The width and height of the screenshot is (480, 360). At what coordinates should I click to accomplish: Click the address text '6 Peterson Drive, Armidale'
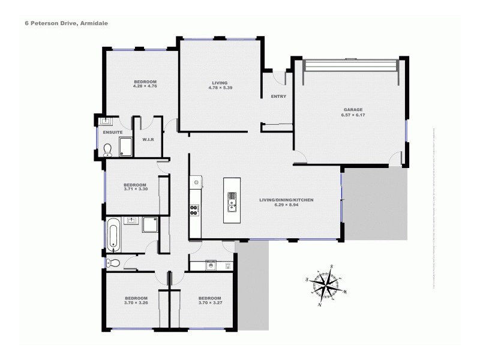coord(58,23)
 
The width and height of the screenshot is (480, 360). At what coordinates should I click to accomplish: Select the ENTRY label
coord(278,97)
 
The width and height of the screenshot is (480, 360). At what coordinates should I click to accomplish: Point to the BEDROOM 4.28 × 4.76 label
coord(145,84)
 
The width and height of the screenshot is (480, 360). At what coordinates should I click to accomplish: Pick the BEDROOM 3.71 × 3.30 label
coord(135,187)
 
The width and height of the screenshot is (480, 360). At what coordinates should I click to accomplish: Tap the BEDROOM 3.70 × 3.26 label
coord(136,301)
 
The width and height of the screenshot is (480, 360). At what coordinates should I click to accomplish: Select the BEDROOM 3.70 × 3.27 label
coord(209,301)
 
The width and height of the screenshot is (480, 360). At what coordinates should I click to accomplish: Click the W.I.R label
coord(148,140)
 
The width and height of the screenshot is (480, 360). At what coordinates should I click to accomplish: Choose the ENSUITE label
coord(113,132)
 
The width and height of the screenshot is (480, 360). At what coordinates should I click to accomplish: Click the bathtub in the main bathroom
coord(113,234)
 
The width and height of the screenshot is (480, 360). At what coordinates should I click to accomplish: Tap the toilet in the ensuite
coord(108,149)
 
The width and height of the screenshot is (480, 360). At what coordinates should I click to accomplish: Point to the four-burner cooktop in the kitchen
coord(194,210)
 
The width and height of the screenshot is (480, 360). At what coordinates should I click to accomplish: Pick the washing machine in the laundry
coord(210,265)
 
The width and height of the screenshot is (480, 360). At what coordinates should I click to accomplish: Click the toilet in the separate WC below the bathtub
coord(112,262)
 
